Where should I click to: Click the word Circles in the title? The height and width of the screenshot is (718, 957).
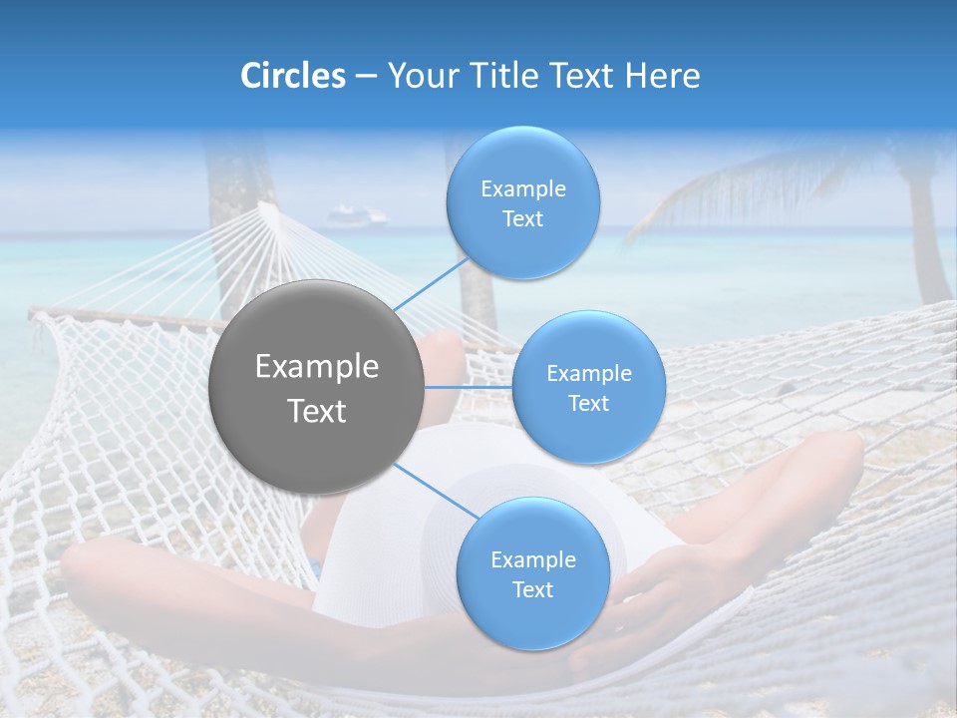(x=292, y=76)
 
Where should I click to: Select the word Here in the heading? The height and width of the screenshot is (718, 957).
(x=663, y=76)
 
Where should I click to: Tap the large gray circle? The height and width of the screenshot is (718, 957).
(x=316, y=387)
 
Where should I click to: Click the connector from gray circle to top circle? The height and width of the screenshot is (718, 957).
(x=432, y=283)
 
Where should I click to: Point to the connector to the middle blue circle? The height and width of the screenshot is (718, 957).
(x=468, y=387)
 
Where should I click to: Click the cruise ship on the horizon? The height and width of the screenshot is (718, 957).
(x=356, y=216)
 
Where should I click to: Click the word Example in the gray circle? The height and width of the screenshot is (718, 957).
(x=316, y=367)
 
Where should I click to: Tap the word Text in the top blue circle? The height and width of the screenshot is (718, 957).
(x=522, y=219)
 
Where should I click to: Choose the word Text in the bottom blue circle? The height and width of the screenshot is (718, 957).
(x=532, y=589)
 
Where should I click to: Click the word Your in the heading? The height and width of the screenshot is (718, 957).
(x=419, y=76)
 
